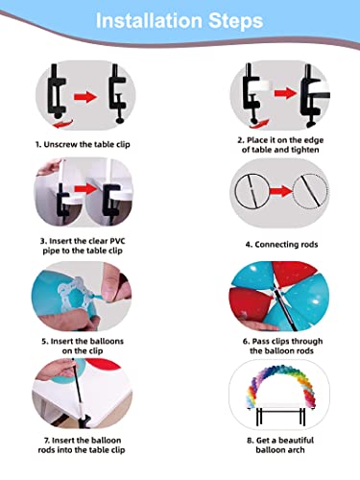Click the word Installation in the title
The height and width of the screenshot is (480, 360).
149,21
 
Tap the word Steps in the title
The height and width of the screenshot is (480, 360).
236,21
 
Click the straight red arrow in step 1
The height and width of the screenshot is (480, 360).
85,97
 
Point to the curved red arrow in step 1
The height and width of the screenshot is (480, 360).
63,124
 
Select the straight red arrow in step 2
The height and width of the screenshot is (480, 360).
285,93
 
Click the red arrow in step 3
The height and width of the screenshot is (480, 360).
85,189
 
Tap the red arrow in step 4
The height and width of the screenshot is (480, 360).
281,192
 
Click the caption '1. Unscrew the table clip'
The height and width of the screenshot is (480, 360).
83,145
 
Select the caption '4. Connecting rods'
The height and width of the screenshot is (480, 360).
281,245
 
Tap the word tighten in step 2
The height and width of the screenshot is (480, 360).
303,150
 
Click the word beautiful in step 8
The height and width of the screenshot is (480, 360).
296,441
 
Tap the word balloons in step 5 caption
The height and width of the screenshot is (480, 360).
106,341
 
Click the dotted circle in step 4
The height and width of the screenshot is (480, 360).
310,191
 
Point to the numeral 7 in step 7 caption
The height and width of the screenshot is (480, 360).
46,441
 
